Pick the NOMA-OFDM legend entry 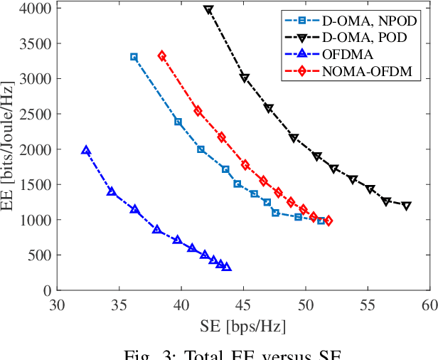(x=363, y=71)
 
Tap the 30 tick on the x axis (x=58, y=305)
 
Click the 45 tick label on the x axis (x=243, y=305)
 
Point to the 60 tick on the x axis (x=429, y=305)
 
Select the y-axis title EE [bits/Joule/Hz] (x=10, y=149)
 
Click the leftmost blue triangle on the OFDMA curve (x=86, y=151)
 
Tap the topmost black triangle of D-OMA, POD (x=208, y=10)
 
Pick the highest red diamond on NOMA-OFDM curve (x=162, y=55)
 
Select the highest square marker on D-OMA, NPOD (x=134, y=57)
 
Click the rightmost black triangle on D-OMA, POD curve (x=407, y=206)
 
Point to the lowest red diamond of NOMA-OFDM (x=328, y=221)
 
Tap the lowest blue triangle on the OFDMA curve (x=226, y=267)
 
